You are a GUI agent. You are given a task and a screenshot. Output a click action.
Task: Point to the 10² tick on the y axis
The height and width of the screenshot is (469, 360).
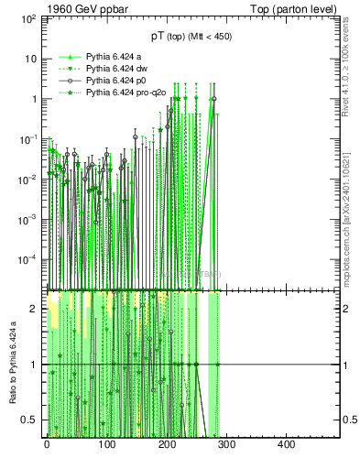28,18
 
